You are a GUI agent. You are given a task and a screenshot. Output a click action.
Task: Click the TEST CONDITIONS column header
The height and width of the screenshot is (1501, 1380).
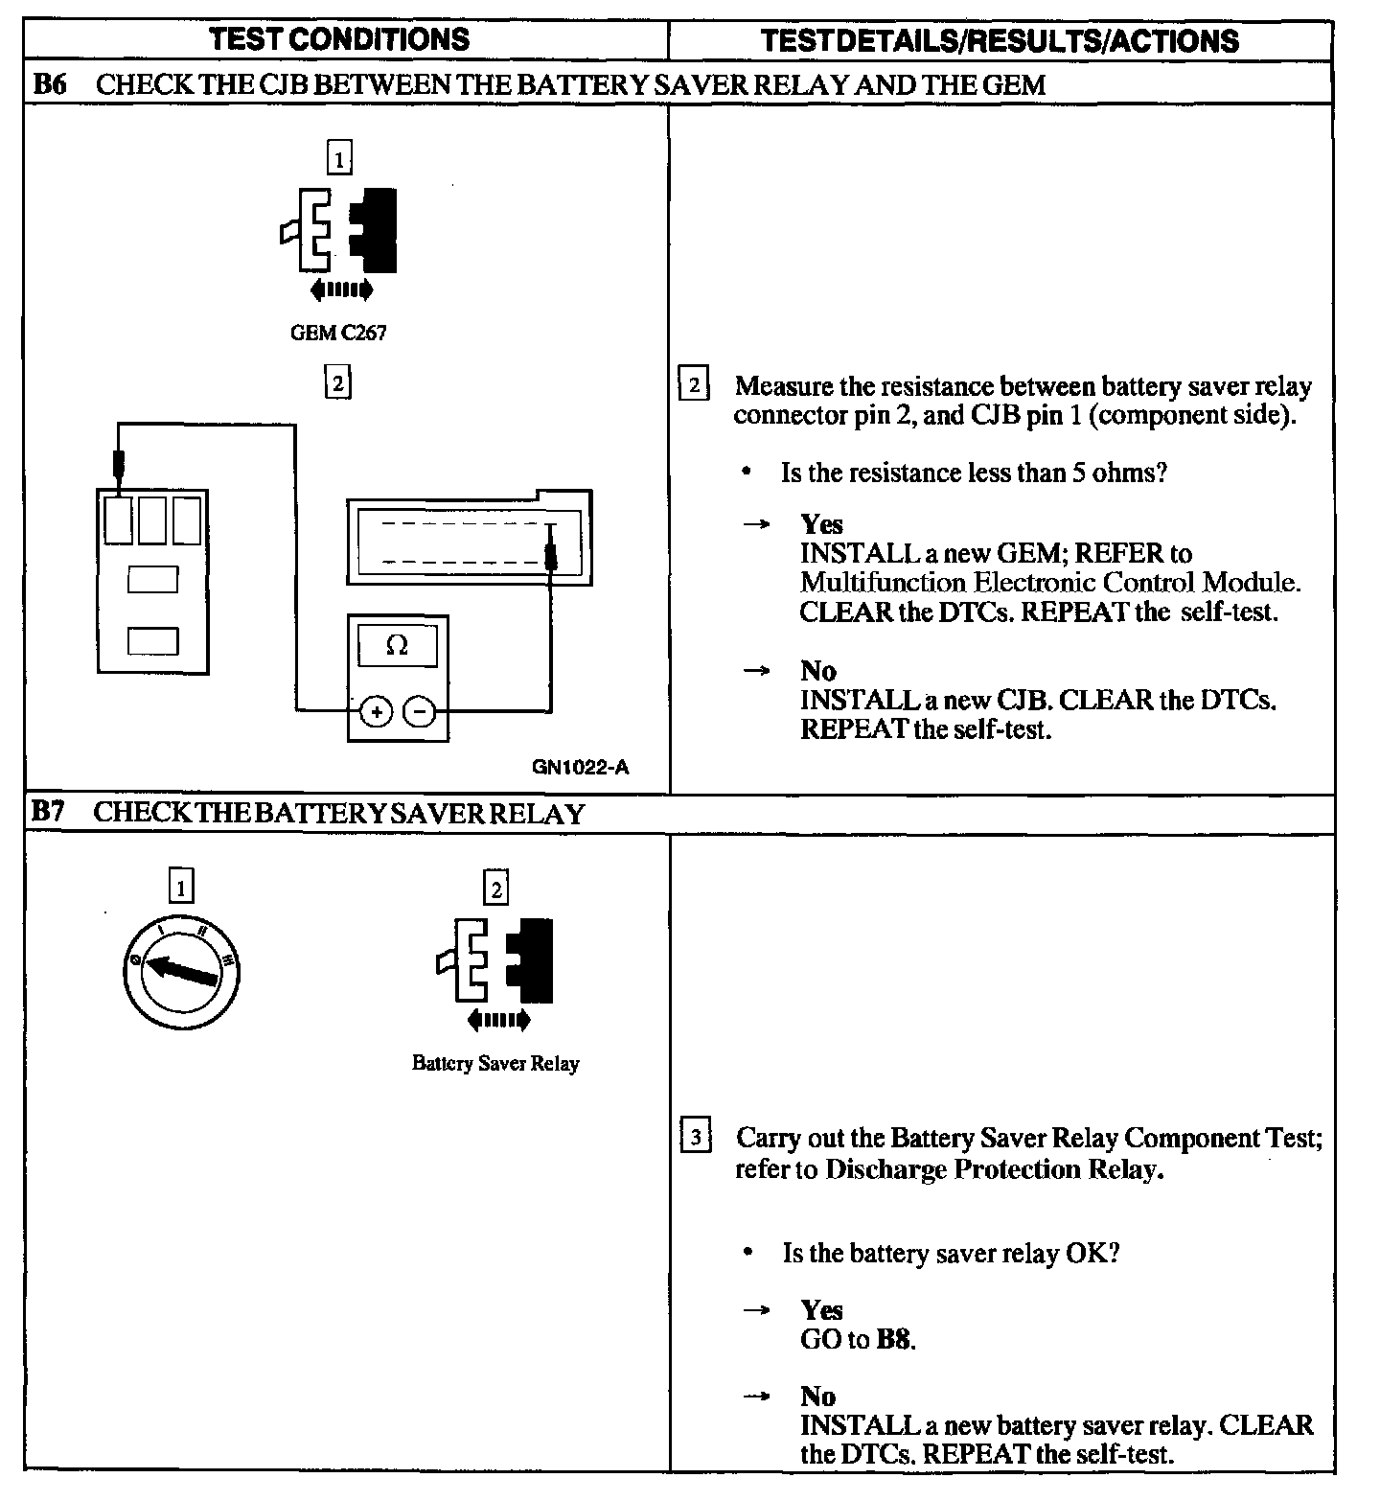(x=339, y=39)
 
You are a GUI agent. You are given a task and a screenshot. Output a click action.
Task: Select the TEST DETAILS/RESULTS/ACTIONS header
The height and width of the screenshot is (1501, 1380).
(x=999, y=40)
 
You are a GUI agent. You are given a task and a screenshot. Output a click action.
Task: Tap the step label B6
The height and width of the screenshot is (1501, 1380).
(x=49, y=84)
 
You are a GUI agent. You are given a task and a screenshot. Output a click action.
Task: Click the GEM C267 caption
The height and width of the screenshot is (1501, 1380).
(x=338, y=334)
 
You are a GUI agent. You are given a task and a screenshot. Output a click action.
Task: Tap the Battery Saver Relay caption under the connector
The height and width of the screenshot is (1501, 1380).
(x=495, y=1063)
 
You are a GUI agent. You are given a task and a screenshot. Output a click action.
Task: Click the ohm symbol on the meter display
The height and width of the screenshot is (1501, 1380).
(x=397, y=646)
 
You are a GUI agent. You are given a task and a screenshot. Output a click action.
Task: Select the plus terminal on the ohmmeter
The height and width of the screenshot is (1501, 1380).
(x=377, y=711)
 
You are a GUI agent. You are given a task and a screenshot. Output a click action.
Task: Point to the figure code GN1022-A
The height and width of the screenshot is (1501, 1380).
(x=582, y=767)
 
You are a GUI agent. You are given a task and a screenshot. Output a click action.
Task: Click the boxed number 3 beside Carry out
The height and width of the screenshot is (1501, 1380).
(x=695, y=1138)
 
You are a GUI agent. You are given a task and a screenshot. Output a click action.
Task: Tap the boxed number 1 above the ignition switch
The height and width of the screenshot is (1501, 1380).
(x=180, y=888)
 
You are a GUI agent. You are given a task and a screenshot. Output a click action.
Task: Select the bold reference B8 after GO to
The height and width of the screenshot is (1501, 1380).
(x=893, y=1339)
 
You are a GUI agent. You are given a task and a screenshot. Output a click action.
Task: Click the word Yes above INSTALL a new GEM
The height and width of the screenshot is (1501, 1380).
(x=821, y=524)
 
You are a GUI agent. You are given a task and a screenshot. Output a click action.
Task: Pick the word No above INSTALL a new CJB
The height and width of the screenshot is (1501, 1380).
(x=817, y=670)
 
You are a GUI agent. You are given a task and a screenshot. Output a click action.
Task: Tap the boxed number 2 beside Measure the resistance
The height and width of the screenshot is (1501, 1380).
(x=694, y=386)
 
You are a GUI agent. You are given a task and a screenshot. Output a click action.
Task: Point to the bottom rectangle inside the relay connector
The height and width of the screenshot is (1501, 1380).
(x=152, y=640)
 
